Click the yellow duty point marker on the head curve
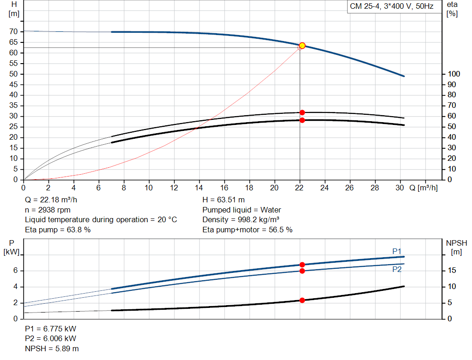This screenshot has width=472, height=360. pos(302,46)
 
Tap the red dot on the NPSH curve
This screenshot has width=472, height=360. pos(302,301)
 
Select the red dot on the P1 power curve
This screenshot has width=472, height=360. pos(302,265)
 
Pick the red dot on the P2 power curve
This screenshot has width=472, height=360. pos(302,271)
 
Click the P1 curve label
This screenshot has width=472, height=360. pos(397,251)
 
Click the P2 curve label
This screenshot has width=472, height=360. pos(397,269)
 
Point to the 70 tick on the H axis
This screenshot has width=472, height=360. pos(13,32)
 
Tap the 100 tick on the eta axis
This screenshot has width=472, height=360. pos(454,74)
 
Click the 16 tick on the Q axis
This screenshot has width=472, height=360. pos(224,188)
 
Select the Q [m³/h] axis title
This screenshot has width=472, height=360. pos(424,188)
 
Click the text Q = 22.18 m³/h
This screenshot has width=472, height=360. pos(51,200)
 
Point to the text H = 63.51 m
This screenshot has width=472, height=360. pos(224,200)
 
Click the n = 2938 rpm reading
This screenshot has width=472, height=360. pos(47,210)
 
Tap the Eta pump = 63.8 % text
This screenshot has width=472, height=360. pos(58,230)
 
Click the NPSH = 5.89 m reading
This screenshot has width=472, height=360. pos(52,348)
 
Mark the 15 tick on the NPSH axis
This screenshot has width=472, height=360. pos(452,271)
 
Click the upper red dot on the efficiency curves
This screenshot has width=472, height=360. pos(302,112)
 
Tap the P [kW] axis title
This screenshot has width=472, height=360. pos(12,248)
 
